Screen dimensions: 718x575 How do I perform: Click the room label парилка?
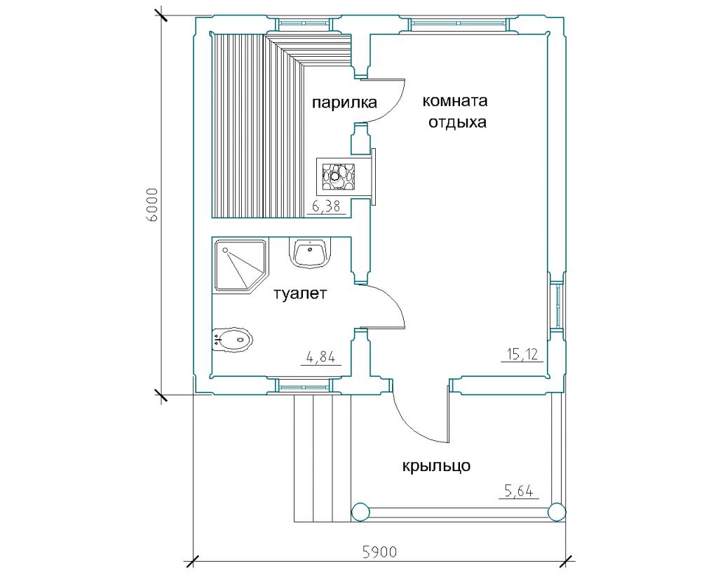click(x=344, y=103)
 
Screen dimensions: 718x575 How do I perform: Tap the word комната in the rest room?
click(x=454, y=100)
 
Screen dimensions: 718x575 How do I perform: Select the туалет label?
click(x=300, y=293)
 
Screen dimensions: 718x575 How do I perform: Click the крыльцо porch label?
click(x=436, y=466)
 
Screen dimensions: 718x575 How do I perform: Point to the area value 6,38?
click(x=326, y=206)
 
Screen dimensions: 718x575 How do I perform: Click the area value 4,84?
click(x=321, y=357)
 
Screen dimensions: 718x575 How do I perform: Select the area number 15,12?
click(x=522, y=354)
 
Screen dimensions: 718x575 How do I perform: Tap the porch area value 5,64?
click(x=519, y=491)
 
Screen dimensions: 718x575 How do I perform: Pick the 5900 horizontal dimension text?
click(x=379, y=552)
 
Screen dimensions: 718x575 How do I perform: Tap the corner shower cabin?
click(x=241, y=265)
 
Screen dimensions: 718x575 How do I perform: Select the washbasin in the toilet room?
click(x=311, y=253)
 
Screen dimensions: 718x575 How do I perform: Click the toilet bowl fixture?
click(x=233, y=340)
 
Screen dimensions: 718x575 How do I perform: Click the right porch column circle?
click(x=556, y=512)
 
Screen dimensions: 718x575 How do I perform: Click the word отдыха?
click(x=457, y=123)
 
